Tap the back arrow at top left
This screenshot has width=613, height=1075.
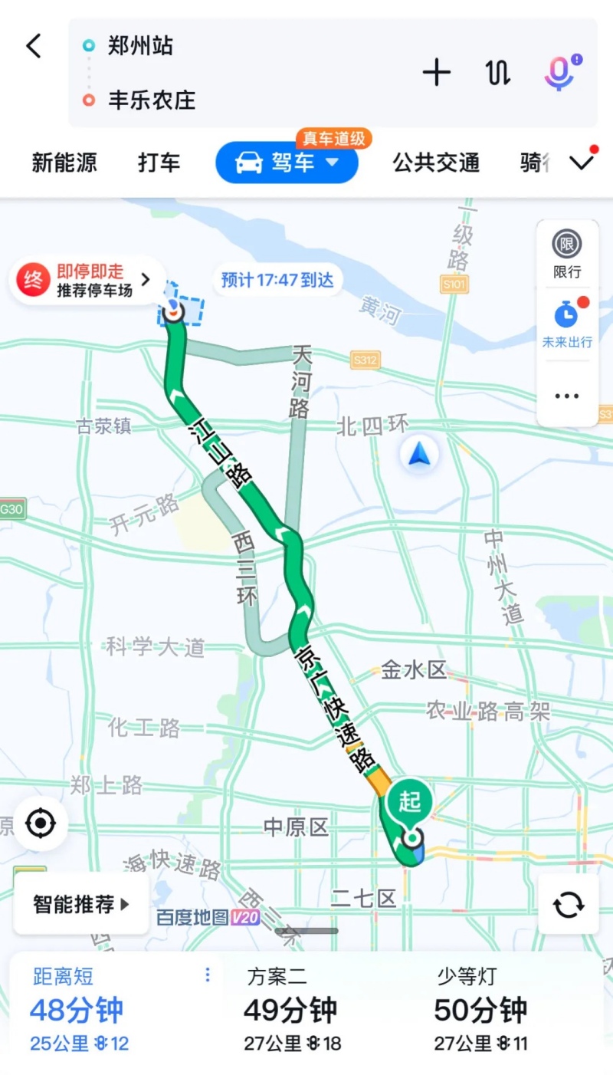34,46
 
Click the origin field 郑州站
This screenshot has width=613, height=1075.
140,46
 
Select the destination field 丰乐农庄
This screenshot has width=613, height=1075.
152,100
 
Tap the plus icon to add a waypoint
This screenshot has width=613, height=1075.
436,73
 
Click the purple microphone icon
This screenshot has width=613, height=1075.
559,73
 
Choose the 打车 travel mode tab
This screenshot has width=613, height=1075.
159,163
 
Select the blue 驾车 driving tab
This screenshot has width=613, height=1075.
287,163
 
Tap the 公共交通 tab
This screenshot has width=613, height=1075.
436,163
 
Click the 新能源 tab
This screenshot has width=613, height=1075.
64,163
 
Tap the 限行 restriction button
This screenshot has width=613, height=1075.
567,254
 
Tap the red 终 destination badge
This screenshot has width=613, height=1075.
33,280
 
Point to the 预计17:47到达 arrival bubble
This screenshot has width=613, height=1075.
277,280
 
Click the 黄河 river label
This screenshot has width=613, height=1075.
381,311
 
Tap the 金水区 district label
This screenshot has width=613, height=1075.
414,671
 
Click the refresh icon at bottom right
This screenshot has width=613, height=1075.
569,904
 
